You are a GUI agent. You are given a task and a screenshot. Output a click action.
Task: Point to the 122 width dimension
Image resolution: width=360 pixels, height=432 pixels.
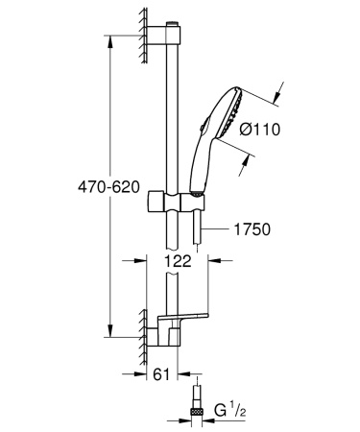(x=177, y=259)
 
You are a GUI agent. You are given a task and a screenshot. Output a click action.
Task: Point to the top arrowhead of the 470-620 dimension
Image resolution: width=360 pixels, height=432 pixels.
(x=118, y=46)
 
